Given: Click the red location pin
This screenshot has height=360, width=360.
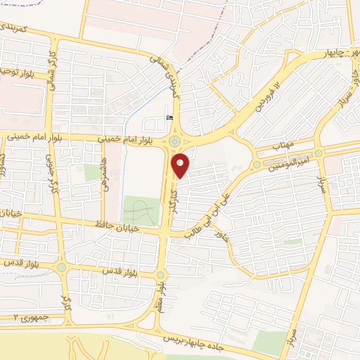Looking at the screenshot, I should coord(181,165).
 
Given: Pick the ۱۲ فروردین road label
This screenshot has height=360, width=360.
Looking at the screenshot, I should coord(266,98).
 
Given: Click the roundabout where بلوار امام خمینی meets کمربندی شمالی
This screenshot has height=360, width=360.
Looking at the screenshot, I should coord(174,141).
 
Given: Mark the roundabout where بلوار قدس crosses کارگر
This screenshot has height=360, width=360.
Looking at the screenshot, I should coord(61,267).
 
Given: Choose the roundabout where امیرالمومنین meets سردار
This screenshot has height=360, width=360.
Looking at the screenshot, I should coord(319,153).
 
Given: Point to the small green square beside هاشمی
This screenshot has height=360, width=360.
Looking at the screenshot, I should coord(91,172).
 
